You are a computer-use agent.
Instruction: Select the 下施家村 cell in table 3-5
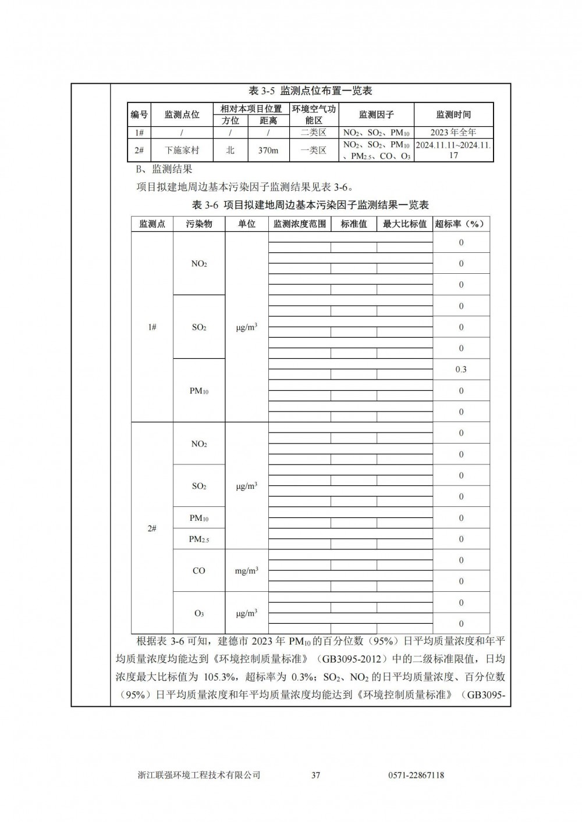click(182, 150)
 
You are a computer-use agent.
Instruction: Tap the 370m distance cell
click(268, 150)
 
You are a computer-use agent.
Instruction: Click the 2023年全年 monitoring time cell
click(453, 133)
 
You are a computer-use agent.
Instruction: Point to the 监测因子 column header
click(376, 115)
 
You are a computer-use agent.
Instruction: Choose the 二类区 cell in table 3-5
click(314, 133)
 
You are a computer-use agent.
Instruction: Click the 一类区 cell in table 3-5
click(314, 150)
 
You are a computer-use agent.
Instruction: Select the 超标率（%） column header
click(461, 224)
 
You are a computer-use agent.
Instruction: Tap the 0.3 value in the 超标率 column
click(461, 370)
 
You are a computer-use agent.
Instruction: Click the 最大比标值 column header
click(404, 224)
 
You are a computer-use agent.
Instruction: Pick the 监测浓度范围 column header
click(300, 224)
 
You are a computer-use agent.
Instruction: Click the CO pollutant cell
click(199, 571)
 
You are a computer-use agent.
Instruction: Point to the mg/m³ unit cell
click(247, 571)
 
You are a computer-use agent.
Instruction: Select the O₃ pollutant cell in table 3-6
click(199, 613)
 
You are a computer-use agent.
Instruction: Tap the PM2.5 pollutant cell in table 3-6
click(199, 539)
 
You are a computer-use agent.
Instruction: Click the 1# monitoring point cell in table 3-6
click(152, 327)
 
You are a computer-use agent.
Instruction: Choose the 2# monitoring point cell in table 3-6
click(152, 528)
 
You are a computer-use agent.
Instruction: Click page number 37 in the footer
click(316, 775)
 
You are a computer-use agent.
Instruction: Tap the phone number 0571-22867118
click(416, 775)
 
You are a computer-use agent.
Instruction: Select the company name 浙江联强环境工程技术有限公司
click(199, 775)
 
